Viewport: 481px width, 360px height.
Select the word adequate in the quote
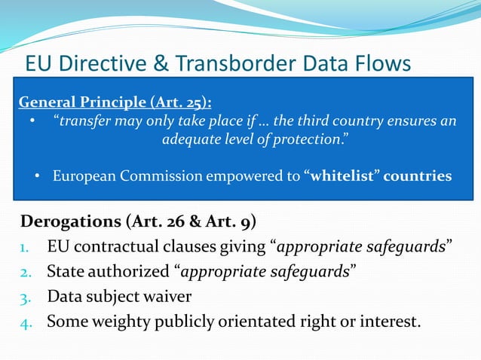click(x=189, y=139)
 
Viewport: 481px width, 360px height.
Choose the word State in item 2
click(x=66, y=272)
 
